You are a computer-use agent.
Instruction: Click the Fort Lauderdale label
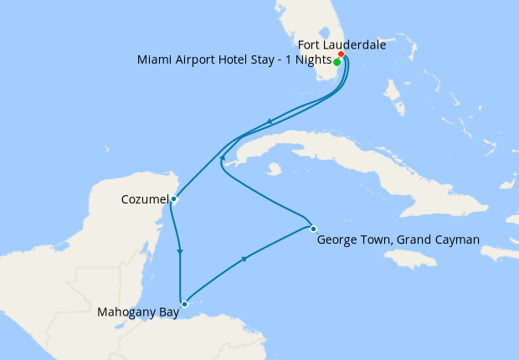[342, 45]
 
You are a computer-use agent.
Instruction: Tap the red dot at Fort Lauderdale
[342, 54]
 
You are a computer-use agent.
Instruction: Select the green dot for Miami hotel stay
[337, 62]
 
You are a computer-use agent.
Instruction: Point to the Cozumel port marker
[173, 199]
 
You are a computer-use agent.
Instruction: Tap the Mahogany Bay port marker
[184, 304]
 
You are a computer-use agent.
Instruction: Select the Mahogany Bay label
[137, 313]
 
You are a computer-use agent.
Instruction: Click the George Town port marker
[313, 229]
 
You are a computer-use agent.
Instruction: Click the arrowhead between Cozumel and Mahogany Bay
[180, 251]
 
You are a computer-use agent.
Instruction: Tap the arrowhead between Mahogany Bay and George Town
[244, 260]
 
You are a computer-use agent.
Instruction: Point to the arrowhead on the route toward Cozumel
[270, 122]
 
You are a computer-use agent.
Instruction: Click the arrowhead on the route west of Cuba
[221, 157]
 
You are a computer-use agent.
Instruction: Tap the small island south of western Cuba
[274, 168]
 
